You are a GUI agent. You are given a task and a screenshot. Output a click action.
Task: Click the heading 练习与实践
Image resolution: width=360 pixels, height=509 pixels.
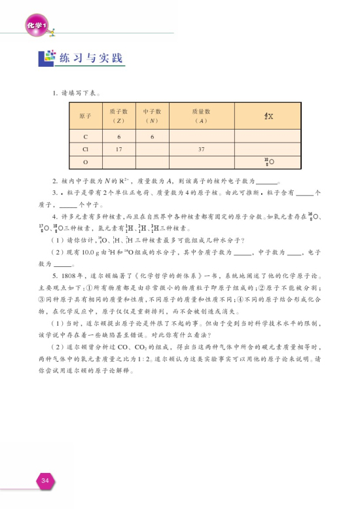click(91, 59)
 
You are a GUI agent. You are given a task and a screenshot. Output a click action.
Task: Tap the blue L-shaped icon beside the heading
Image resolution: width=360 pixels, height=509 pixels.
click(46, 58)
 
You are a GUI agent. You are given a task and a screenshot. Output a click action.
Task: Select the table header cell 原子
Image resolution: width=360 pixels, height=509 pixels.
click(85, 116)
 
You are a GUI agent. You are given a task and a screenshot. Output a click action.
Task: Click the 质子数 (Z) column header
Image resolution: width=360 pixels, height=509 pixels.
click(118, 116)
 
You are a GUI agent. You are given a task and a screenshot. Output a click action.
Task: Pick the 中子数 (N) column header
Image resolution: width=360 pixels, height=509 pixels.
click(152, 116)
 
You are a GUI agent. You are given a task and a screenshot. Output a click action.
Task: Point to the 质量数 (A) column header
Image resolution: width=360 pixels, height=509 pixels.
click(201, 116)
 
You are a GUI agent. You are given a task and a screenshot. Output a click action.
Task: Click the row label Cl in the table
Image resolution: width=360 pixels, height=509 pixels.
click(85, 149)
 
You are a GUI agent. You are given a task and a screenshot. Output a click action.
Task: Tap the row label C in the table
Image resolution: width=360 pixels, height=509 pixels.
click(85, 137)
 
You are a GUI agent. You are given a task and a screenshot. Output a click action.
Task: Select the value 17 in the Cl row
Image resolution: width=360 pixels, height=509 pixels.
click(118, 149)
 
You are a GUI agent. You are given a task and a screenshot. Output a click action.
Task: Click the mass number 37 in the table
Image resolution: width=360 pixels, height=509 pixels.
click(201, 149)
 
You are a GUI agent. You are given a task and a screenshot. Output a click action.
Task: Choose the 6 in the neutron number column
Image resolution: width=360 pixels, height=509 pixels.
click(152, 137)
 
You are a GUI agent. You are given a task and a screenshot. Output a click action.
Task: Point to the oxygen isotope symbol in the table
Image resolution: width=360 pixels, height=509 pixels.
click(268, 161)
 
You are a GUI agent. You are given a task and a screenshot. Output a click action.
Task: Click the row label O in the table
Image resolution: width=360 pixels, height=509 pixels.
click(85, 161)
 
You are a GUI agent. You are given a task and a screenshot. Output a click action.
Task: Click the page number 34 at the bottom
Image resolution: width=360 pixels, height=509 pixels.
click(45, 481)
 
